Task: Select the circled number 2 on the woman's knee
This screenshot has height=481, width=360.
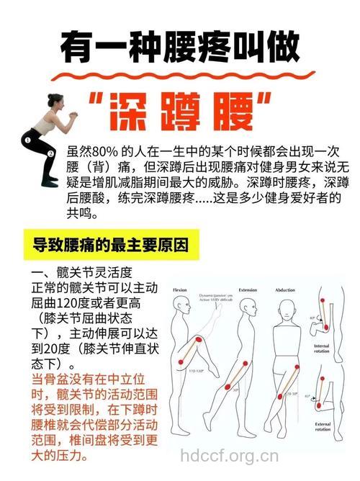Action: coord(51,153)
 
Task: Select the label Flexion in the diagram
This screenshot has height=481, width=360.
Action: coord(181,289)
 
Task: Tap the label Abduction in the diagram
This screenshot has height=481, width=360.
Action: coord(285,289)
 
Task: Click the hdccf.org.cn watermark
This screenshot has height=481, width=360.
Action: coord(229,455)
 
